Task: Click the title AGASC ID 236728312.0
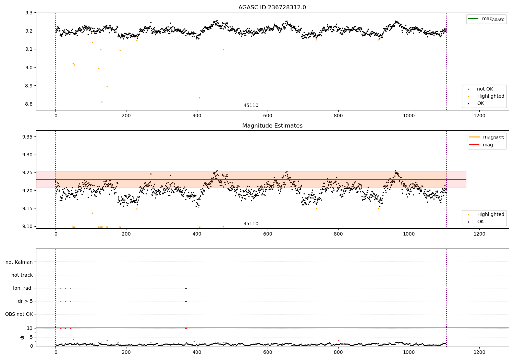(272, 8)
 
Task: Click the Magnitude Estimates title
(272, 126)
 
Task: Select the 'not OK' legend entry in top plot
(485, 89)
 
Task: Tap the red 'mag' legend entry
(488, 145)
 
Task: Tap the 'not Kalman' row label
(19, 262)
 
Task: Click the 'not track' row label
(22, 275)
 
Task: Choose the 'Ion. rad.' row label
(23, 288)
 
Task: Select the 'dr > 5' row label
(25, 301)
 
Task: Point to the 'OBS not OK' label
(19, 314)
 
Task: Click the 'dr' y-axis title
(22, 337)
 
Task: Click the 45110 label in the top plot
(251, 106)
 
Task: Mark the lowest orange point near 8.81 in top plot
(102, 102)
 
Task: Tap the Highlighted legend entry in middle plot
(490, 215)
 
